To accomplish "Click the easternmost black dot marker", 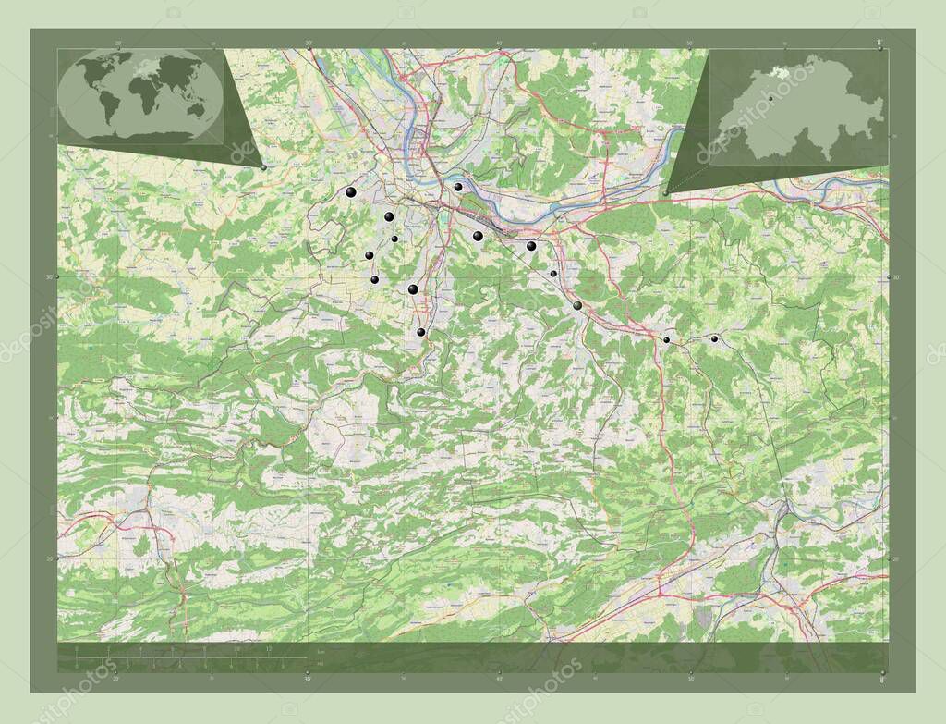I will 714,339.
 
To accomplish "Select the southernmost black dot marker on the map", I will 420,332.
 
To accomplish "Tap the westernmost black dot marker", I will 350,192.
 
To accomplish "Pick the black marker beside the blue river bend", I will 457,187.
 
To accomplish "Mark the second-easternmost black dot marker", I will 666,339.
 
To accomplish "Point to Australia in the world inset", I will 195,109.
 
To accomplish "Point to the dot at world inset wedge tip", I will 264,167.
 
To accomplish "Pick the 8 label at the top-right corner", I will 879,42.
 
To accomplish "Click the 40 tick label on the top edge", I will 499,43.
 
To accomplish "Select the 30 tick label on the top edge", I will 308,43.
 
